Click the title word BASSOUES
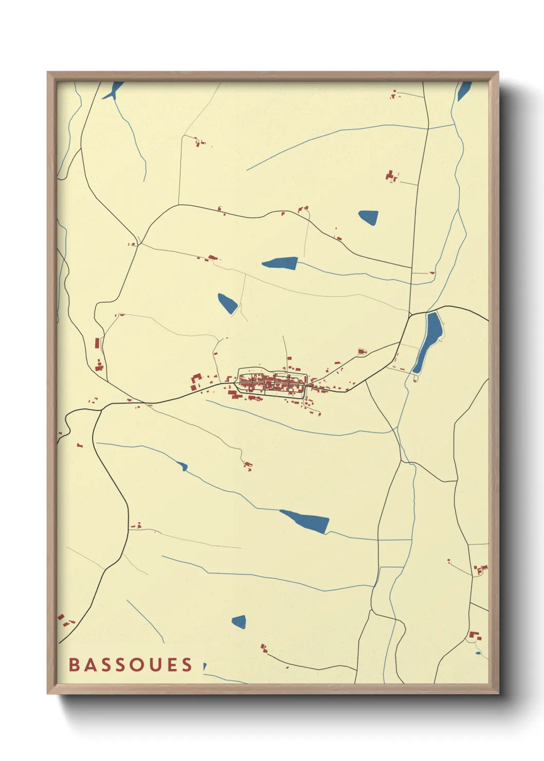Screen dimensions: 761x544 (130, 664)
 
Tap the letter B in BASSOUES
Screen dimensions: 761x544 (74, 664)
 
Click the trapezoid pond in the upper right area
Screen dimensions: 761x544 (369, 217)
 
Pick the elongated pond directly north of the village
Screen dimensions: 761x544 (281, 263)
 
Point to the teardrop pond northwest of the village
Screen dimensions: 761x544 (227, 303)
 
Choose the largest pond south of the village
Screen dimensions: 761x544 (305, 521)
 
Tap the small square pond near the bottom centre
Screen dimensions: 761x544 (239, 622)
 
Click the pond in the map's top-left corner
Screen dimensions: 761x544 (114, 90)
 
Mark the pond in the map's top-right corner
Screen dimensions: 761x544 (464, 91)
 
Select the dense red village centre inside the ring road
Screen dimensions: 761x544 (271, 383)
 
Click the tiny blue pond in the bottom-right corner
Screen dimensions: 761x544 (478, 653)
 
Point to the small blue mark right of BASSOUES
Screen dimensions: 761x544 (205, 666)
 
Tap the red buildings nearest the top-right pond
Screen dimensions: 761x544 (394, 94)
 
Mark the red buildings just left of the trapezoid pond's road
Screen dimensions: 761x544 (392, 176)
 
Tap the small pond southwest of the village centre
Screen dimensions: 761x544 (182, 466)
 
